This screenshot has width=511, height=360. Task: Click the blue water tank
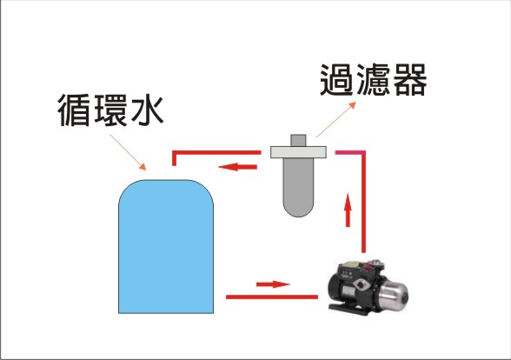click(x=166, y=247)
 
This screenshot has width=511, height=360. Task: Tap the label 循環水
click(x=110, y=110)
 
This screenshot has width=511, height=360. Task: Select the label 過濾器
click(x=374, y=80)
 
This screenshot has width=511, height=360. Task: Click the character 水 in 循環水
click(x=146, y=110)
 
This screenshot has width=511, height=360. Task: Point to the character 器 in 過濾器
click(x=410, y=80)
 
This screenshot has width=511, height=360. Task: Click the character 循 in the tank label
click(x=74, y=110)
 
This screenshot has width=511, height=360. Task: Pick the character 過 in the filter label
click(x=336, y=80)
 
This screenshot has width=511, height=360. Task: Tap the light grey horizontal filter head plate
click(x=298, y=152)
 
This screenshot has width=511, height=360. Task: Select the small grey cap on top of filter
click(x=298, y=140)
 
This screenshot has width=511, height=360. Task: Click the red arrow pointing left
click(x=237, y=167)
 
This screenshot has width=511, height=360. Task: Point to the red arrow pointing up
click(x=348, y=210)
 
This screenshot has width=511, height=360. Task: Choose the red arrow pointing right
click(x=273, y=284)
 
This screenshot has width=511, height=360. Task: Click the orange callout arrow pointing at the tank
click(x=128, y=152)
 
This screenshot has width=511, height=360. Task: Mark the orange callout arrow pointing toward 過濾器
click(x=336, y=119)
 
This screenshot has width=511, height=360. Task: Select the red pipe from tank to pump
click(x=272, y=297)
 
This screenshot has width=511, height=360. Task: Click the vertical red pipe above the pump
click(x=363, y=202)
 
